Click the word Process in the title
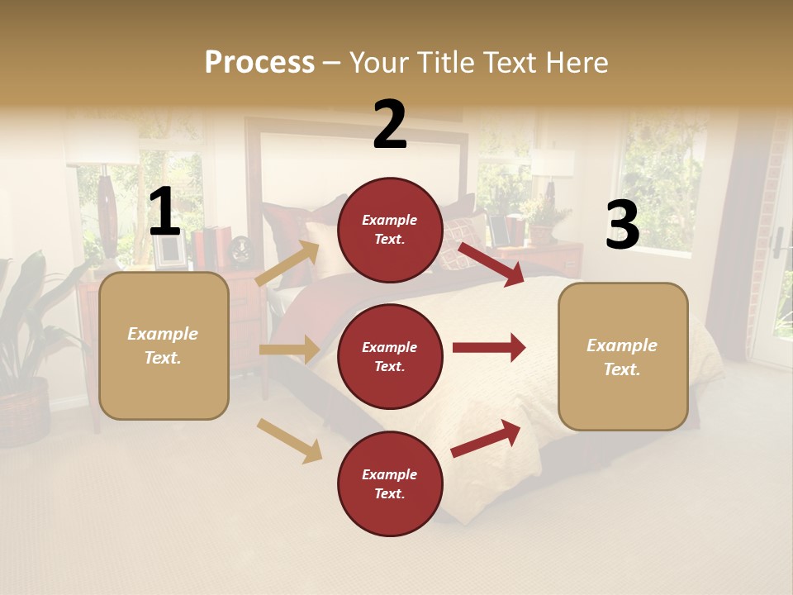point(259,63)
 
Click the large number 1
point(164,212)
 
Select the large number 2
point(390,125)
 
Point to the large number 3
point(622,225)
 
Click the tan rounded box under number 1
point(164,345)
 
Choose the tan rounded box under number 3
point(623,356)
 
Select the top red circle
point(390,230)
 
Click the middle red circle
point(390,356)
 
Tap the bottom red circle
point(390,483)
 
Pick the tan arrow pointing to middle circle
point(289,350)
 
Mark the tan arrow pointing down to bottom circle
point(290,440)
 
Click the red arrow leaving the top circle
point(491,264)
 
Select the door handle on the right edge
point(778,242)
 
